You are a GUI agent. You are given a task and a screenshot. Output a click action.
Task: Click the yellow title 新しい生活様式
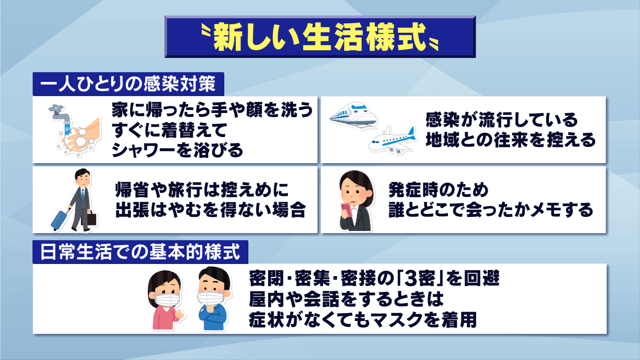[x=320, y=37]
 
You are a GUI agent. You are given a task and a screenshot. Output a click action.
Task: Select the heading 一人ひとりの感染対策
[x=128, y=83]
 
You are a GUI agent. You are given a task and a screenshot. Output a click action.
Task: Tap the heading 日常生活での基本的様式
[x=140, y=252]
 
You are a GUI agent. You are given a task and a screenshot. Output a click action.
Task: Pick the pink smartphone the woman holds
[x=347, y=210]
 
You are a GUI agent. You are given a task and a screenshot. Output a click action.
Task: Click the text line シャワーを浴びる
[x=177, y=150]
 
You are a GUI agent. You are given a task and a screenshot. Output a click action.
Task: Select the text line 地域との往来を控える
[x=511, y=140]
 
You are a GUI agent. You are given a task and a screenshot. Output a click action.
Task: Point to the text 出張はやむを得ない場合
[x=211, y=210]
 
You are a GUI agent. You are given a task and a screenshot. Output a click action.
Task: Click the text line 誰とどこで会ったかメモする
[x=491, y=210]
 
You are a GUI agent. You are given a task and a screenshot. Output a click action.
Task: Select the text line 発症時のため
[x=439, y=190]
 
